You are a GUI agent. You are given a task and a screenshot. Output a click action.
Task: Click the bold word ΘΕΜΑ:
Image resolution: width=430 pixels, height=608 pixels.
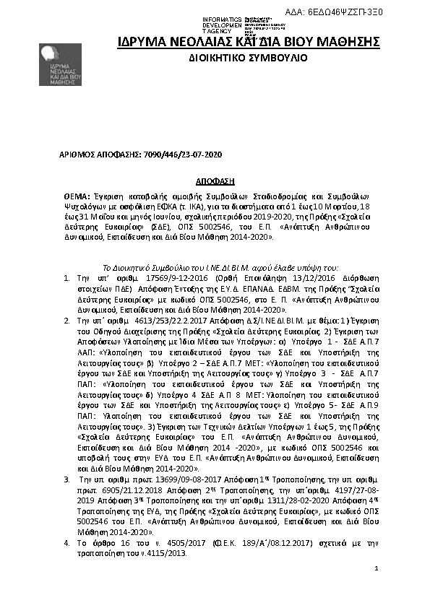click(x=76, y=196)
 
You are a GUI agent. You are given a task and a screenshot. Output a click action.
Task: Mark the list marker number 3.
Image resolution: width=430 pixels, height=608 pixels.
click(x=66, y=479)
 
